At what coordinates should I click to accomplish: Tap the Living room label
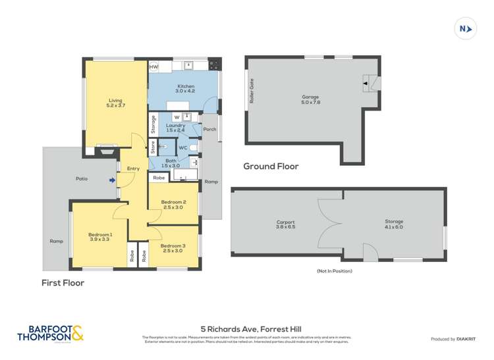click(x=116, y=103)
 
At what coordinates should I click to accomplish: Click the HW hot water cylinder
click(x=153, y=67)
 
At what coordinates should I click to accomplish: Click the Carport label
click(x=285, y=224)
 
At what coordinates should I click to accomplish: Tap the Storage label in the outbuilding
click(x=394, y=224)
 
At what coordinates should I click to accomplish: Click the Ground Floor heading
click(x=271, y=167)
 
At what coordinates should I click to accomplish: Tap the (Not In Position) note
click(x=334, y=270)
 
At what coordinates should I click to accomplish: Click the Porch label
click(x=209, y=129)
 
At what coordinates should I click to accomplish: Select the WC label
click(x=183, y=147)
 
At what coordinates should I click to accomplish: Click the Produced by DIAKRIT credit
click(x=453, y=339)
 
